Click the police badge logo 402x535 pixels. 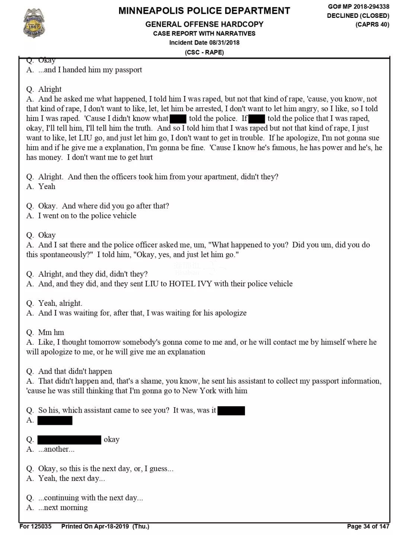pyautogui.click(x=34, y=23)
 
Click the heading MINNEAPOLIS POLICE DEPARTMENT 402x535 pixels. pyautogui.click(x=204, y=11)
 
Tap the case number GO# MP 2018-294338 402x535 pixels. pyautogui.click(x=358, y=6)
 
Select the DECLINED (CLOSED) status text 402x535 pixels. pyautogui.click(x=358, y=16)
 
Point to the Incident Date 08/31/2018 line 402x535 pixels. pyautogui.click(x=204, y=42)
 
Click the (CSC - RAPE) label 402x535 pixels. pyautogui.click(x=204, y=52)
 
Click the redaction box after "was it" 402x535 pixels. pyautogui.click(x=231, y=410)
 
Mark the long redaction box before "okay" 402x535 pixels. pyautogui.click(x=69, y=439)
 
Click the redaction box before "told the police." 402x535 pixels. pyautogui.click(x=178, y=119)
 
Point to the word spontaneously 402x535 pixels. pyautogui.click(x=66, y=254)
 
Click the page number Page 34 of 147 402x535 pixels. pyautogui.click(x=368, y=526)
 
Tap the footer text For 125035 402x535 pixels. pyautogui.click(x=35, y=526)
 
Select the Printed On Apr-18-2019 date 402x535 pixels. pyautogui.click(x=105, y=526)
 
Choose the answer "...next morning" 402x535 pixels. pyautogui.click(x=63, y=507)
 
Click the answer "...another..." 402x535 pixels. pyautogui.click(x=56, y=449)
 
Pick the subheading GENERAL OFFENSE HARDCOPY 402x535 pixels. pyautogui.click(x=204, y=24)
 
